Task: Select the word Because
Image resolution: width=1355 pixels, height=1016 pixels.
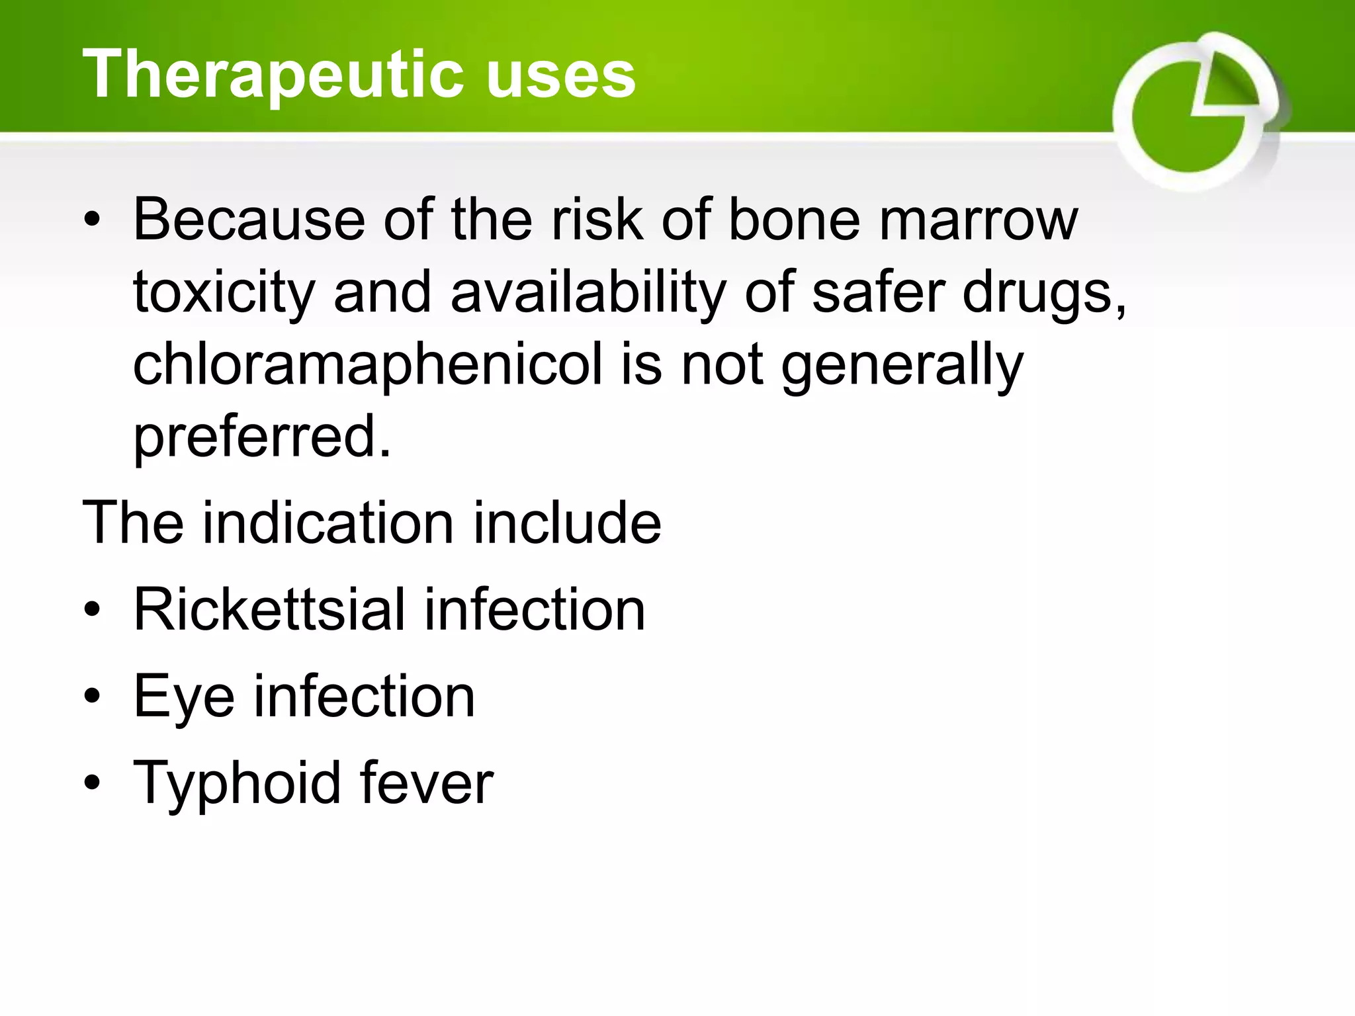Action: click(x=249, y=220)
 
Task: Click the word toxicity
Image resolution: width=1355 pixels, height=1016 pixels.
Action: click(x=224, y=293)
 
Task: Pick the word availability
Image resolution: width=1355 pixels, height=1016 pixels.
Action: click(x=588, y=293)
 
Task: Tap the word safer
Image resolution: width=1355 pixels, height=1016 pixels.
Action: click(x=879, y=292)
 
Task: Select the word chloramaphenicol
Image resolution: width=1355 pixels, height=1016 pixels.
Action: click(x=368, y=366)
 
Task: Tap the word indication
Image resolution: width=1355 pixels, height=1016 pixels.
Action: click(x=328, y=523)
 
